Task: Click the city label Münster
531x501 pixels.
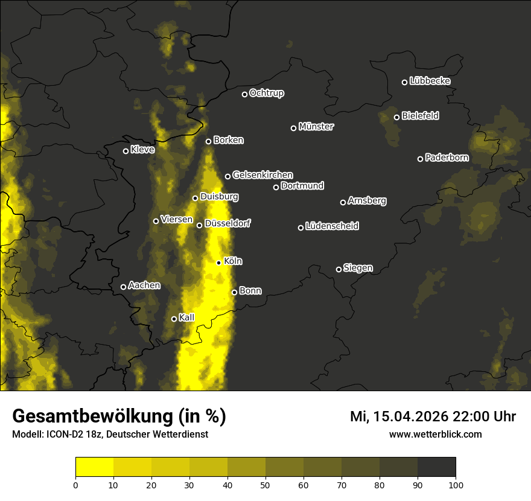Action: point(316,127)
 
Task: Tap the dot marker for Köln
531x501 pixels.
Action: point(219,263)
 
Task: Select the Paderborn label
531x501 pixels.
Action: point(447,158)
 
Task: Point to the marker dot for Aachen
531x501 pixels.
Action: point(123,287)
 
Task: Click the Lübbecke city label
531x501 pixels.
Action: point(430,81)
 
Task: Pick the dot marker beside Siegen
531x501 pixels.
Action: point(339,269)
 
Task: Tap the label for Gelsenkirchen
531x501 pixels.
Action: point(262,175)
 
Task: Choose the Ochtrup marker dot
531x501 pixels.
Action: point(244,94)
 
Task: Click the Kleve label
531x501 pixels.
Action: point(143,150)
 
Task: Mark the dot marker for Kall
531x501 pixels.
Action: point(174,319)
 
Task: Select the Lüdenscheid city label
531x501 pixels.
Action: point(332,226)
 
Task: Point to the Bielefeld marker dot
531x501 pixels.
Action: point(396,117)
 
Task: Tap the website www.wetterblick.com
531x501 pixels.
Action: point(436,434)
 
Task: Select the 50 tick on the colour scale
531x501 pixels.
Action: point(265,484)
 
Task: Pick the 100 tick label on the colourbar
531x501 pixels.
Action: point(456,484)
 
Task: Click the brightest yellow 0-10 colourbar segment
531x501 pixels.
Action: point(94,467)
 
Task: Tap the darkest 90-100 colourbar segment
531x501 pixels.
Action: point(436,467)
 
